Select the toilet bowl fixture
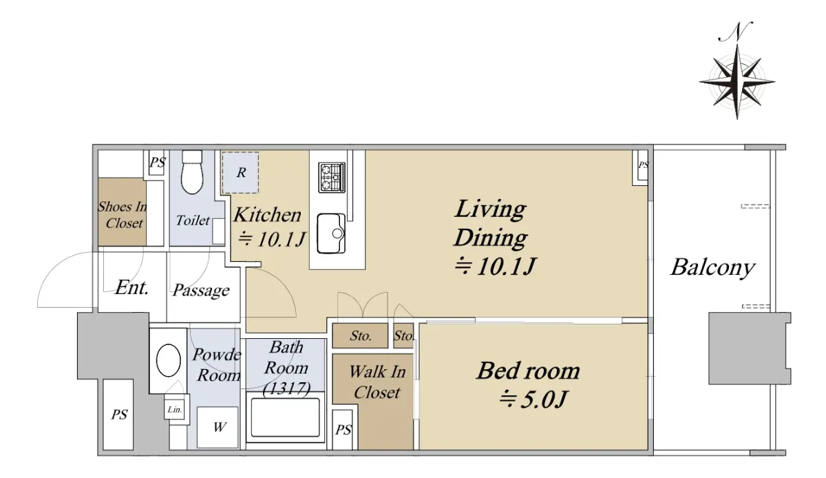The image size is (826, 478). tap(192, 172)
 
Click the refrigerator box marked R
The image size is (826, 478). tap(240, 172)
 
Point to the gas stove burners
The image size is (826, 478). tap(332, 178)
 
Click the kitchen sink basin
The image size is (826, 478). tap(331, 233)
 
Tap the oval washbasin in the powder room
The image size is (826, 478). tap(169, 360)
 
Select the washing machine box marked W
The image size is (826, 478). tap(218, 428)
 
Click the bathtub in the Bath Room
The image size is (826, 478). tap(285, 417)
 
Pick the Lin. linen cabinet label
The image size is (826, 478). tap(175, 409)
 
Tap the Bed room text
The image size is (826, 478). tap(528, 371)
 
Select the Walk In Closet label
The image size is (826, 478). tap(377, 382)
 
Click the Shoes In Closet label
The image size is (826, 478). tap(123, 214)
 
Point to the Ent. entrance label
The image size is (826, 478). tap(131, 287)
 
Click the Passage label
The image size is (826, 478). tap(201, 290)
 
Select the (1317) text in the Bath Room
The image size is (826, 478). tap(286, 388)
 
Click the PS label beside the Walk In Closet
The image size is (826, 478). tap(343, 430)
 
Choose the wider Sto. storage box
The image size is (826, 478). tap(360, 335)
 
